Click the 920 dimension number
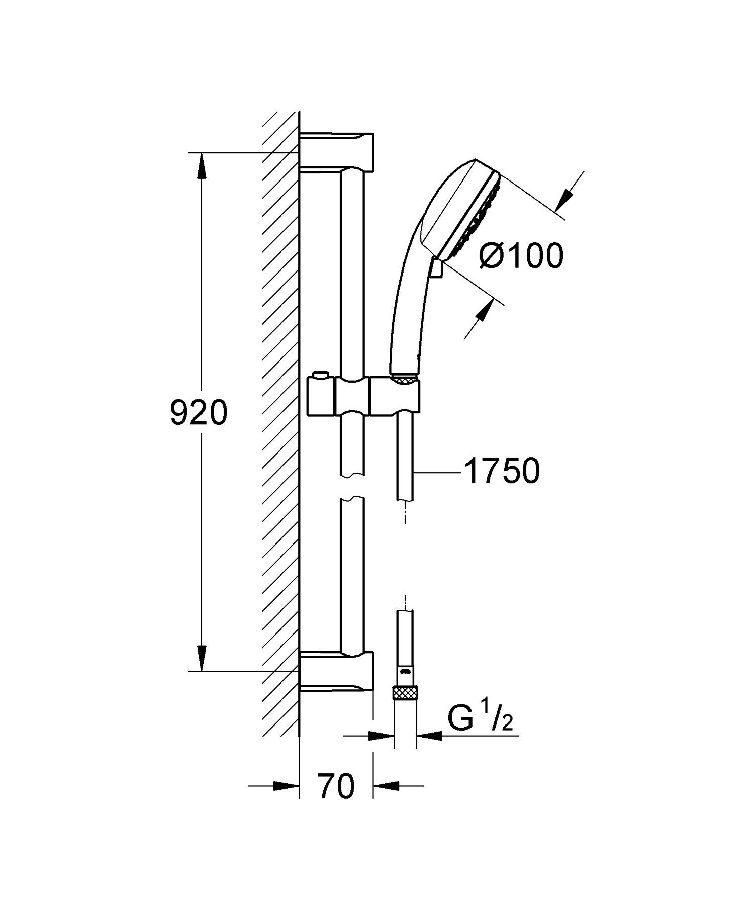pos(199,413)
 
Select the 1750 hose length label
pos(503,472)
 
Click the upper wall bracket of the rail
pos(337,152)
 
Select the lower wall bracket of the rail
pos(337,671)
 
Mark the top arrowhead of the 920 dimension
pos(202,166)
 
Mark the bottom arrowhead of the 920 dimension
pos(202,658)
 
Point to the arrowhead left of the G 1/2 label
pos(382,736)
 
